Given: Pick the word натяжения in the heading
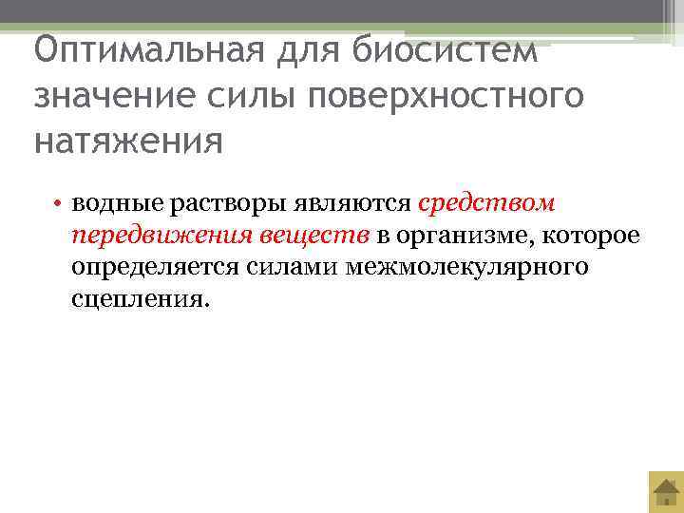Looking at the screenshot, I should pos(128,142).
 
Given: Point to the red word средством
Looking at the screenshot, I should pos(486,204).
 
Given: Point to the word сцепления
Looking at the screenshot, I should pos(137,298).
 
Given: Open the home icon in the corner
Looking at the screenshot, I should pos(665,492).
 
